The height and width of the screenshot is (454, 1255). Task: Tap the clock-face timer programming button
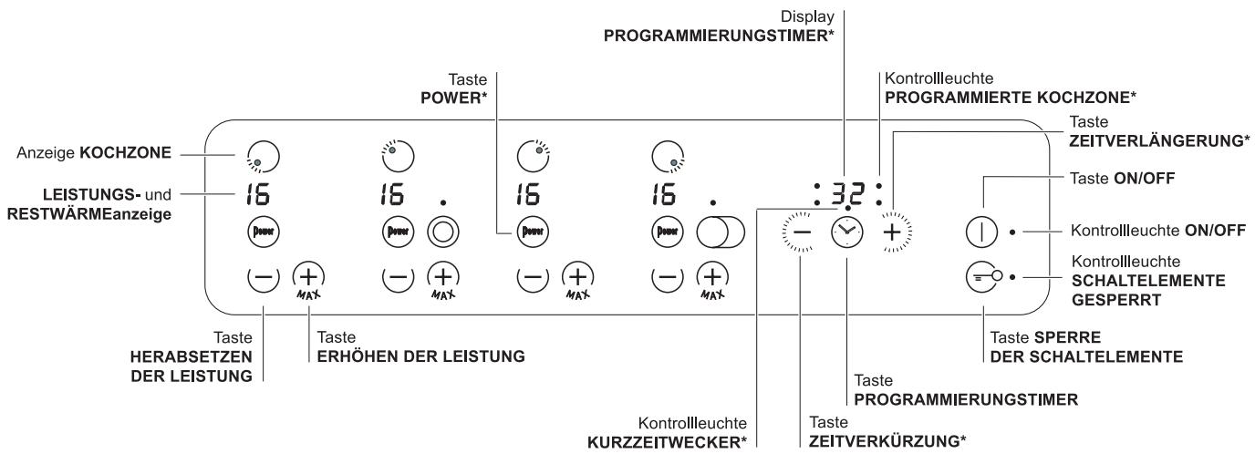[846, 232]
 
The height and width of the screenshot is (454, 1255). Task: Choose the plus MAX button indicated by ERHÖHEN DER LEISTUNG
[307, 276]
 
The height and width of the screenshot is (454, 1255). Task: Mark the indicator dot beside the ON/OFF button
[1012, 232]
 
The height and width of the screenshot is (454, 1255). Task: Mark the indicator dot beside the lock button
[1012, 275]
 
